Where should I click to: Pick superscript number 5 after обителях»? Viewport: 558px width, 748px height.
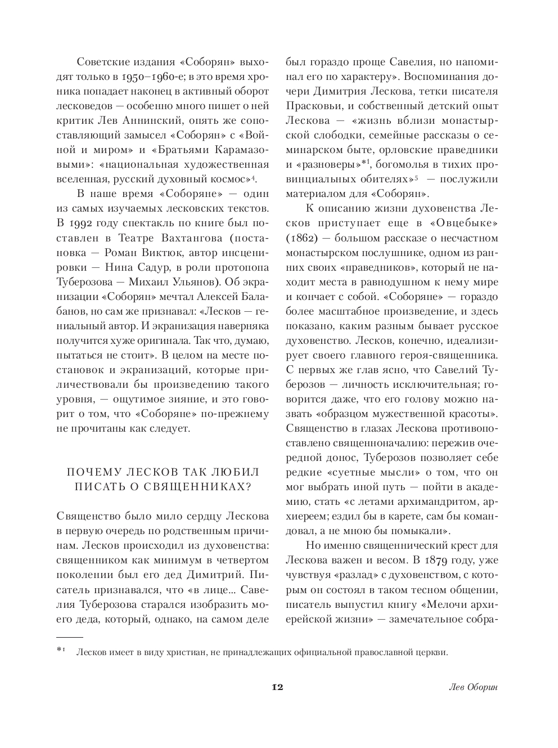(x=416, y=178)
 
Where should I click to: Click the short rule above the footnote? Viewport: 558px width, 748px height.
(x=70, y=637)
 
